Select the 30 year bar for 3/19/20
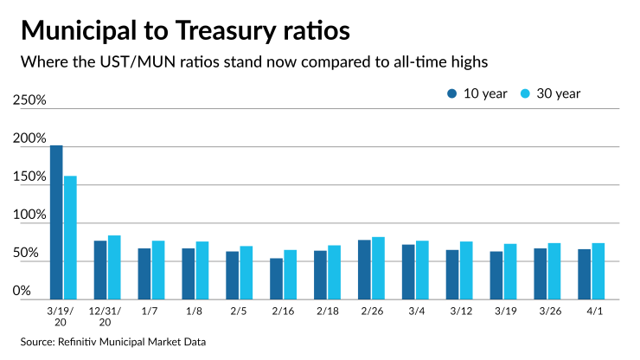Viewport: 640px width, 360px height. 70,238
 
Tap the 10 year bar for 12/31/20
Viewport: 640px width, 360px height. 100,270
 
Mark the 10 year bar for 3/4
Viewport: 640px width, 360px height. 408,272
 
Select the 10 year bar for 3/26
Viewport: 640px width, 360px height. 540,273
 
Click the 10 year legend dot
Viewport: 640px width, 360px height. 451,93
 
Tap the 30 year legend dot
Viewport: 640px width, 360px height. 525,93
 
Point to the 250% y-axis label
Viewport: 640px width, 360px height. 29,100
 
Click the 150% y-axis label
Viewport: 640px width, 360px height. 29,177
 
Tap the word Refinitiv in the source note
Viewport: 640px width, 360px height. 83,342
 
